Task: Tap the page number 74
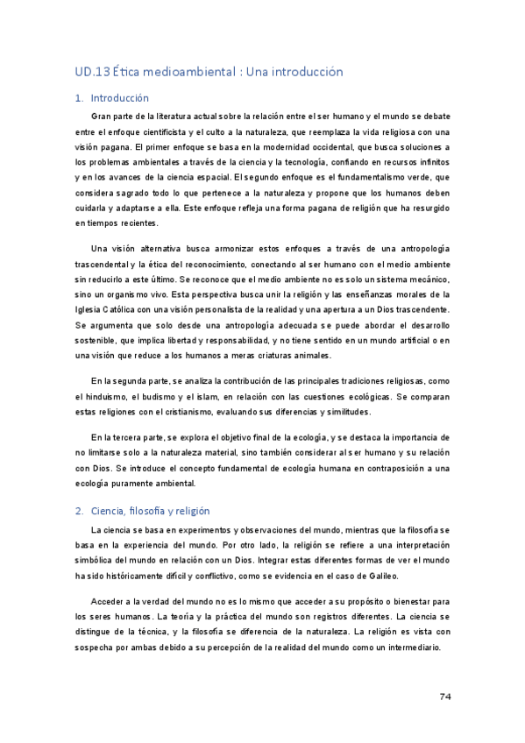pos(444,697)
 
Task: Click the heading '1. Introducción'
pos(112,98)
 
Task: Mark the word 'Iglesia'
pos(90,309)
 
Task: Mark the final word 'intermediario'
pos(414,647)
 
